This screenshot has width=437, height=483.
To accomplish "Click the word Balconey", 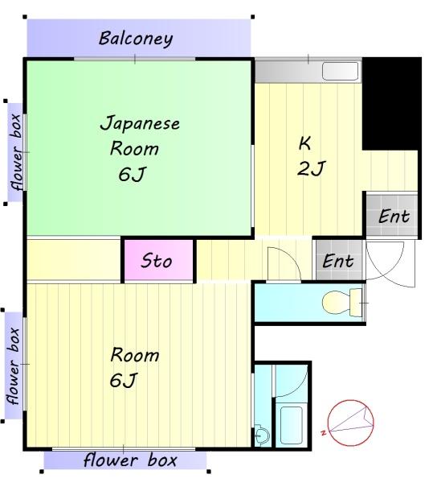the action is (x=136, y=39).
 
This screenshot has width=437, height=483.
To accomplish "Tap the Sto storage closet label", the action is (x=157, y=261).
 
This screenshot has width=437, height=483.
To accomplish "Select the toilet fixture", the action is (x=342, y=303).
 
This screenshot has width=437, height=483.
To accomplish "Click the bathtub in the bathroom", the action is (x=292, y=425).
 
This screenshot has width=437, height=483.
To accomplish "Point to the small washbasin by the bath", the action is (x=262, y=436).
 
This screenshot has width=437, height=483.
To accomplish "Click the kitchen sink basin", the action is (x=341, y=71).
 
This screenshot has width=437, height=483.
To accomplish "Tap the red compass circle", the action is (x=351, y=423).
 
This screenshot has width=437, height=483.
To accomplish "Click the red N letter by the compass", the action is (x=323, y=432).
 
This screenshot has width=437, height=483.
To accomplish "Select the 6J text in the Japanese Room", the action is (x=132, y=175).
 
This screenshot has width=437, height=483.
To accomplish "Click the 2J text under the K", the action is (x=311, y=168).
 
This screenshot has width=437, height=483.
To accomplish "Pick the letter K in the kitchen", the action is (x=304, y=143).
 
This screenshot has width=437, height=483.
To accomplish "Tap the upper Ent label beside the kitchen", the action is (x=394, y=216).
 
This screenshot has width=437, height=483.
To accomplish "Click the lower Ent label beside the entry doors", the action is (x=338, y=261).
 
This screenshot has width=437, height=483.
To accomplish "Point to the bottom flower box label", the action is (x=130, y=460).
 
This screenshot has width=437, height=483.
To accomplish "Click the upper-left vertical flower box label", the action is (x=15, y=152).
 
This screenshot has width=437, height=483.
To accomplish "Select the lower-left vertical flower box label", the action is (x=14, y=366).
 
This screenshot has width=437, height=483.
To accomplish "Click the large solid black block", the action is (x=391, y=104).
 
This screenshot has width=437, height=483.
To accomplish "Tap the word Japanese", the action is (x=140, y=124).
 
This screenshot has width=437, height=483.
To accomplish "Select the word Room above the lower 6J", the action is (x=135, y=355).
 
